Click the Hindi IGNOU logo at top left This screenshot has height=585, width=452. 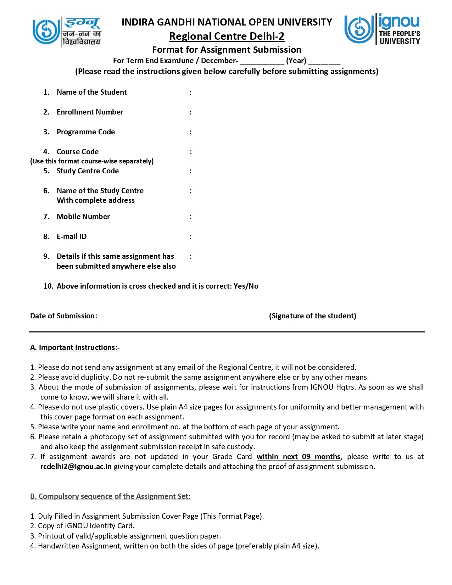67,32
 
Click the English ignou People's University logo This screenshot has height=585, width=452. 382,29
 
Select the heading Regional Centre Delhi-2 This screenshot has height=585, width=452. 227,36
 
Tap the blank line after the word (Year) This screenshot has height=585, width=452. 324,61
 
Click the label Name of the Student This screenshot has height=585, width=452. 91,92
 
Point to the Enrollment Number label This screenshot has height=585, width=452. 90,112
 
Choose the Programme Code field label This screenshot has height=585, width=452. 85,132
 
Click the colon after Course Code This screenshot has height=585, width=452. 191,152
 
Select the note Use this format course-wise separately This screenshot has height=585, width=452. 92,161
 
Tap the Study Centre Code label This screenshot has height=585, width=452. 88,171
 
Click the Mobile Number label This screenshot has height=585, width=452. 83,217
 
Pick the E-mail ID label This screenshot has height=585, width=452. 71,236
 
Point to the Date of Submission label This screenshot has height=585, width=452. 63,316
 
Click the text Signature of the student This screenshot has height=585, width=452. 312,316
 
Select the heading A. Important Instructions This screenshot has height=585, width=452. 75,347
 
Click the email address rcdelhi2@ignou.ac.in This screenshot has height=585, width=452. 76,467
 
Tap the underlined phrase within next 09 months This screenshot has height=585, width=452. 298,457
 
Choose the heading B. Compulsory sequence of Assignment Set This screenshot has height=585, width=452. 110,496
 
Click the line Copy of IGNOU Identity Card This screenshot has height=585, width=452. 86,526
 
